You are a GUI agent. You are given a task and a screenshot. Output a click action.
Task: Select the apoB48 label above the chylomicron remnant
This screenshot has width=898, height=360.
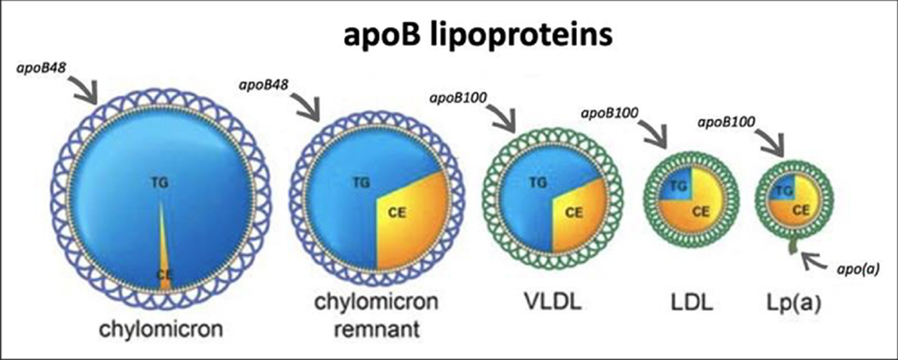[268, 84]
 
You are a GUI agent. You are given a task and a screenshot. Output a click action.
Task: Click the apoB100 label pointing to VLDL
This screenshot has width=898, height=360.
[460, 100]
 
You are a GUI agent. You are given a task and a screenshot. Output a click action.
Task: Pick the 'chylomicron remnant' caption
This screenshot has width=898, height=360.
[376, 316]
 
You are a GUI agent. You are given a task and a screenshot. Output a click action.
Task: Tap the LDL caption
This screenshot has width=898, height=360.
[690, 304]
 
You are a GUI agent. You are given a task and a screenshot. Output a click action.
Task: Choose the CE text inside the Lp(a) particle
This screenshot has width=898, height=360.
[801, 211]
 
